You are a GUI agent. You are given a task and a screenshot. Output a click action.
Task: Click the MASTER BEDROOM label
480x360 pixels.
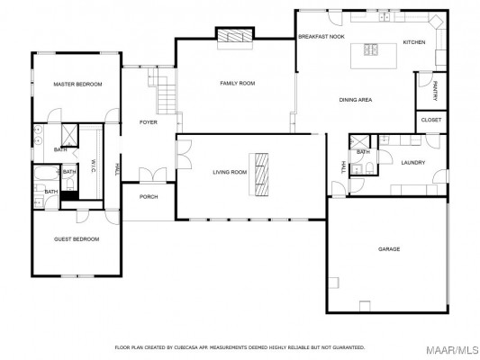[x=77, y=84]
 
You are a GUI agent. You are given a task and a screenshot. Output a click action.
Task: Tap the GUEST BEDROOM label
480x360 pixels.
[x=77, y=239]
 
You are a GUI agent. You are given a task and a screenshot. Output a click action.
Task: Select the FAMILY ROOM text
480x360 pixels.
[x=238, y=83]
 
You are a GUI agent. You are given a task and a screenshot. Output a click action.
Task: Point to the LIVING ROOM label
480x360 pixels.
[x=230, y=172]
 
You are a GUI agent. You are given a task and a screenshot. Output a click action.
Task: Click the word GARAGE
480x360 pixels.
[x=389, y=249]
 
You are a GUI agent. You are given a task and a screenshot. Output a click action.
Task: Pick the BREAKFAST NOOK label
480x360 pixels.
[x=322, y=36]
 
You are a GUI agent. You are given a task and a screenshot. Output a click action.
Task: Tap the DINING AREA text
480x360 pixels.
[x=356, y=100]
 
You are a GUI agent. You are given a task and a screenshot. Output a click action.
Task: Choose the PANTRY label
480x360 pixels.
[x=435, y=91]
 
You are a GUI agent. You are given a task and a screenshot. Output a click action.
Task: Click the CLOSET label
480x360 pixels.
[x=431, y=120]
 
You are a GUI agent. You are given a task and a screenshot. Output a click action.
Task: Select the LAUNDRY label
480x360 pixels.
[x=413, y=163]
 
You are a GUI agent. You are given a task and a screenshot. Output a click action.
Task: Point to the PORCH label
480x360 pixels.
[x=149, y=197]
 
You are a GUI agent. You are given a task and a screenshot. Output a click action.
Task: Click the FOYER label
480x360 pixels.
[x=149, y=122]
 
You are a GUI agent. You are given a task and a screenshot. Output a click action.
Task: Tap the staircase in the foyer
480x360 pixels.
[x=162, y=91]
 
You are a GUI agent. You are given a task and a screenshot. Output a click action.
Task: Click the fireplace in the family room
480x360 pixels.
[x=235, y=36]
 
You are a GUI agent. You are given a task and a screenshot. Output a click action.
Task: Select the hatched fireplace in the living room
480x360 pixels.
[x=262, y=175]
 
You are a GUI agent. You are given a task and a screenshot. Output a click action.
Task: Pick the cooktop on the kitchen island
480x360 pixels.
[x=371, y=49]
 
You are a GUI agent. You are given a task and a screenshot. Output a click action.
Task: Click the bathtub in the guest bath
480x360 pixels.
[x=46, y=173]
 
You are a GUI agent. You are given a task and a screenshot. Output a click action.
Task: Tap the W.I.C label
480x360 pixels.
[x=94, y=166]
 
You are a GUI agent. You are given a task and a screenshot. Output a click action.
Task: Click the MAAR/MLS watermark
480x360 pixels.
[x=452, y=350]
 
